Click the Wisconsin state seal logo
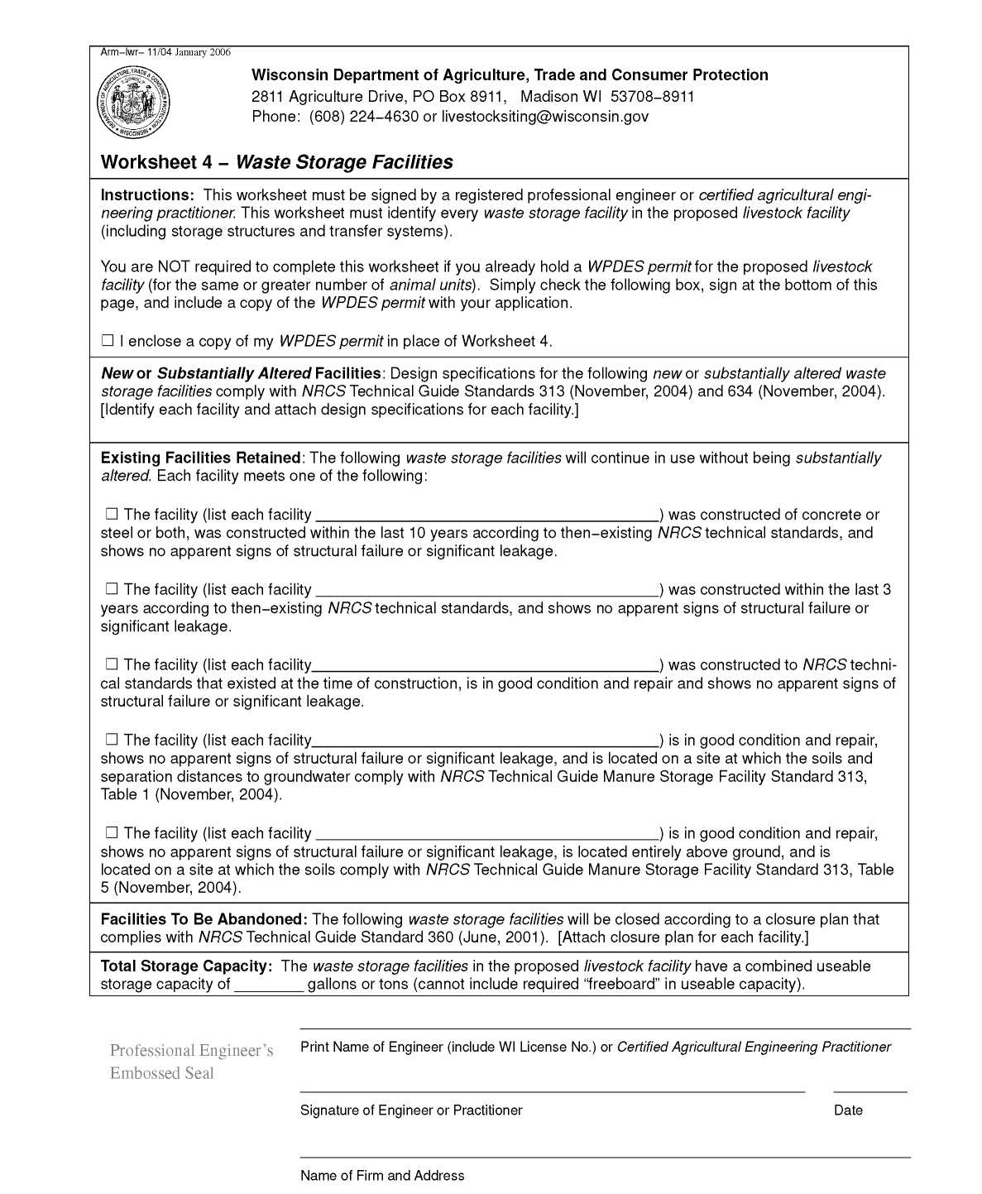click(x=132, y=103)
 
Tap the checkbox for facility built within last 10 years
click(x=112, y=515)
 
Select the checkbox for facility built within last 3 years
click(x=112, y=590)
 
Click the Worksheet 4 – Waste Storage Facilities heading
click(x=276, y=162)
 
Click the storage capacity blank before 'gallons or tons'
click(x=270, y=985)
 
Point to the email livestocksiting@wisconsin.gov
click(x=544, y=117)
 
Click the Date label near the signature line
click(x=848, y=1110)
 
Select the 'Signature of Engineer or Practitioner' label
click(x=410, y=1110)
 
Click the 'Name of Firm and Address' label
click(x=382, y=1176)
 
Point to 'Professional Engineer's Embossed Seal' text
click(x=191, y=1062)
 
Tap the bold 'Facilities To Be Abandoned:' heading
click(x=204, y=919)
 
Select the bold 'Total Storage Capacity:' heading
click(x=186, y=966)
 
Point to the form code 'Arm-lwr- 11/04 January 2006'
click(x=165, y=52)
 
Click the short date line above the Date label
click(x=869, y=1092)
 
